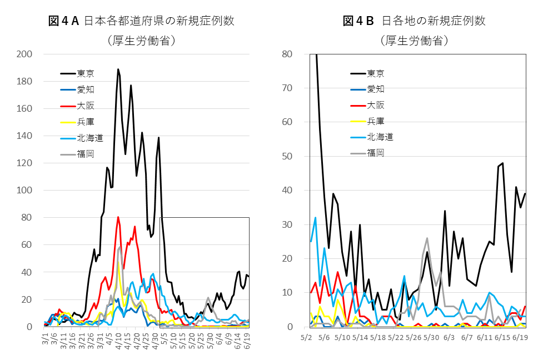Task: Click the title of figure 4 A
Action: (x=141, y=21)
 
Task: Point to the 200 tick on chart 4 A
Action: (x=25, y=54)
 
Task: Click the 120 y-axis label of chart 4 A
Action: (x=25, y=163)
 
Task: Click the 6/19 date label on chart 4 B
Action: (x=520, y=337)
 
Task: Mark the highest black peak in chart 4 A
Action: (x=118, y=69)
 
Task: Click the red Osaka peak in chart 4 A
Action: (x=118, y=217)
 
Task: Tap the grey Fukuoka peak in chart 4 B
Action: (x=427, y=238)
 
